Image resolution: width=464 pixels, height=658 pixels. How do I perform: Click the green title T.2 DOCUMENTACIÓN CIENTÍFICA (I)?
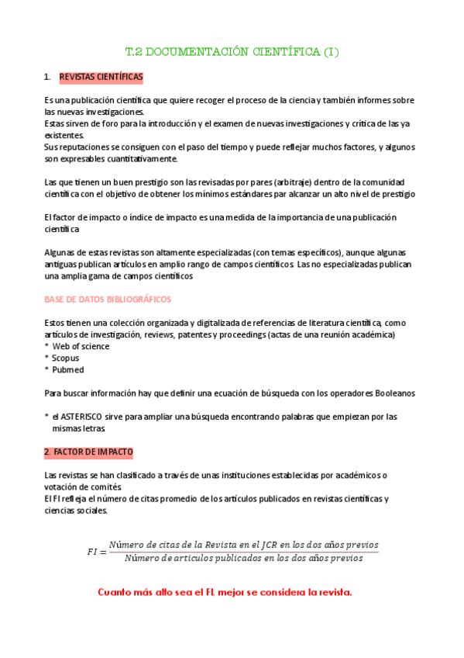(x=232, y=53)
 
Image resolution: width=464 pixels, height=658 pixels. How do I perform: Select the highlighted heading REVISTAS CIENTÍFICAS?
(x=101, y=78)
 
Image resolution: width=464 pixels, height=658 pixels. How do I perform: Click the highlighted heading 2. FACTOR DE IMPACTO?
(x=88, y=452)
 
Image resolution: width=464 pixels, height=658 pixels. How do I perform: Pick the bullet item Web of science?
(x=80, y=346)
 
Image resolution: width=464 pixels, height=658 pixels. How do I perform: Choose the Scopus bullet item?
(x=66, y=358)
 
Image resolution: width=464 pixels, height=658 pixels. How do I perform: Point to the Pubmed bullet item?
(x=67, y=370)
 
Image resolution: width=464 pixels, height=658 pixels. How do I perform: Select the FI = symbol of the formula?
(x=96, y=552)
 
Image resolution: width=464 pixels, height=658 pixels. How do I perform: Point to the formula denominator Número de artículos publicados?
(x=243, y=558)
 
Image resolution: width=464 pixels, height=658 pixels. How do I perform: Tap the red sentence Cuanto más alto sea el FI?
(x=225, y=592)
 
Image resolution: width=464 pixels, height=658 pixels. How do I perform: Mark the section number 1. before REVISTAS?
(x=47, y=78)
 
